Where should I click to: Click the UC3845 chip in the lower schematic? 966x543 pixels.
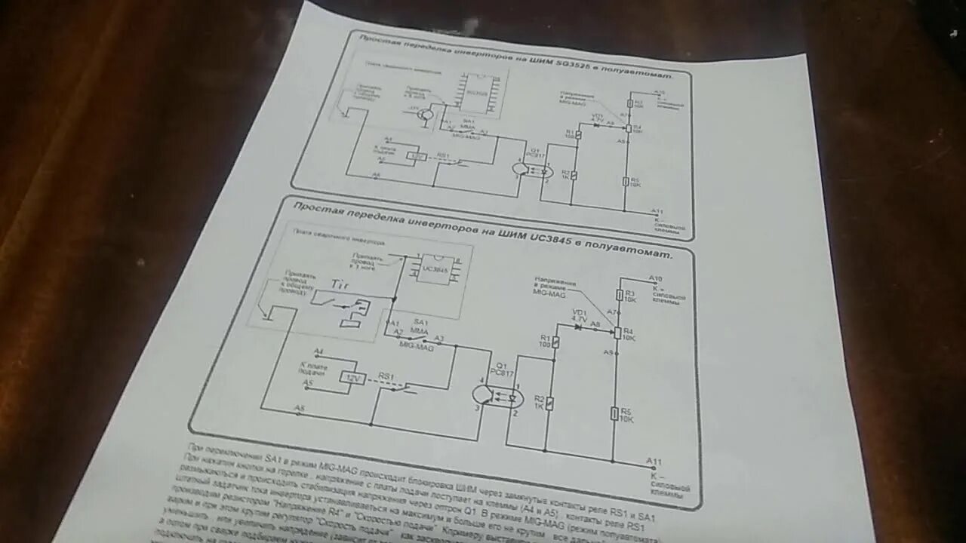point(431,269)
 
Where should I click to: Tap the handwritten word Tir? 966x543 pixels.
point(342,285)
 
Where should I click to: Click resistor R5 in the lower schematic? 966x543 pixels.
point(615,413)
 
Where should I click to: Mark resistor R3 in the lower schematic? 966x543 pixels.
point(619,295)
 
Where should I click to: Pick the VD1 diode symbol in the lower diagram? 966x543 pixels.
point(577,327)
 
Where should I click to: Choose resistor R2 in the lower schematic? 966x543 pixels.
point(550,403)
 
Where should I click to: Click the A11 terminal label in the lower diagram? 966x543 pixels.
point(654,461)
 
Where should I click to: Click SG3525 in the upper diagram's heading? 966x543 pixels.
point(555,63)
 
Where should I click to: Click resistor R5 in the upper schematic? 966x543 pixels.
point(626,181)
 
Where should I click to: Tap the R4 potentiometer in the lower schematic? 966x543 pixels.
point(617,333)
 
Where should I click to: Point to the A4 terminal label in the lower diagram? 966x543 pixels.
point(318,352)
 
